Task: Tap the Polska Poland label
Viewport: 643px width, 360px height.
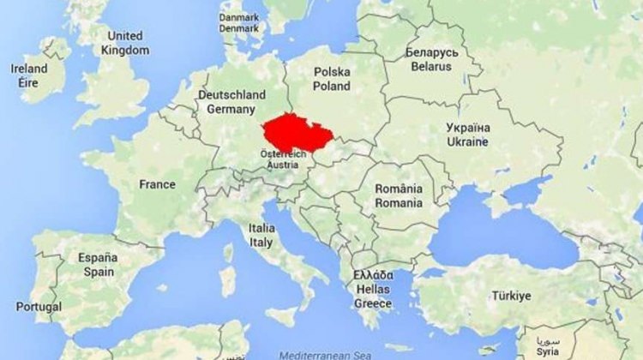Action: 332,79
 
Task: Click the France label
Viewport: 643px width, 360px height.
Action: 157,184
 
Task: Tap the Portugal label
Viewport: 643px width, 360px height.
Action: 39,306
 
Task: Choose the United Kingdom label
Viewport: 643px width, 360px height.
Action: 125,43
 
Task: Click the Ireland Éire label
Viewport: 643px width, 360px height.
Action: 29,75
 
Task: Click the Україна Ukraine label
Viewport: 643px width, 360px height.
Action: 467,134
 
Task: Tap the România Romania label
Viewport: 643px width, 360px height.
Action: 399,196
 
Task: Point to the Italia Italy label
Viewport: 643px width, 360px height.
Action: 261,236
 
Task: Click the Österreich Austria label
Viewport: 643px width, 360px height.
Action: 282,159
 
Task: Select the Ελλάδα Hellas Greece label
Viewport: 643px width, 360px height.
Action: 373,289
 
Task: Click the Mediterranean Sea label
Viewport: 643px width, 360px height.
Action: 314,352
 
